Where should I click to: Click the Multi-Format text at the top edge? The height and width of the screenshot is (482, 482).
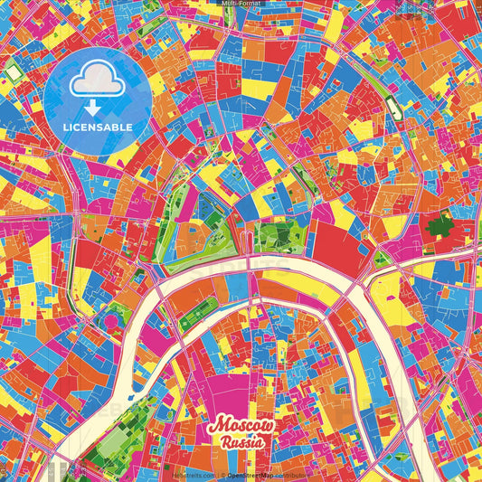click(x=241, y=4)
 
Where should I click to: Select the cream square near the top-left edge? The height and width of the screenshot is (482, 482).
click(x=13, y=71)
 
